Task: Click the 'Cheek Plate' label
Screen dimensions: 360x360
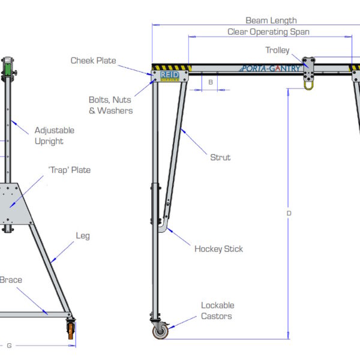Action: tap(93, 61)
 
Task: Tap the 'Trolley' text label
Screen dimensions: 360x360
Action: tap(277, 50)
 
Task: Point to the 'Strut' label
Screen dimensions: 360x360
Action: tap(220, 157)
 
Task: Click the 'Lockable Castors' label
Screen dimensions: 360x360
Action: tap(217, 310)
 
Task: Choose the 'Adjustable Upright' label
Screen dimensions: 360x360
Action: tap(54, 136)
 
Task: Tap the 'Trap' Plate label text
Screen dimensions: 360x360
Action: tap(69, 170)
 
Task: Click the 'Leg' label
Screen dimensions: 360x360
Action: tap(83, 236)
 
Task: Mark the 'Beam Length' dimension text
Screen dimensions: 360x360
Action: tap(271, 20)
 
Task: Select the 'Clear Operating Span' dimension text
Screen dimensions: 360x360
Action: tap(268, 32)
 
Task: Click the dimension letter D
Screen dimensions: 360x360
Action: tap(289, 214)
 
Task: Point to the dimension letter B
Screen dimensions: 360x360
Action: tap(211, 81)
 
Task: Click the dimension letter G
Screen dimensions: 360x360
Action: tap(8, 345)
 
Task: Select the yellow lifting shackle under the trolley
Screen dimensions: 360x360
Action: tap(309, 85)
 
